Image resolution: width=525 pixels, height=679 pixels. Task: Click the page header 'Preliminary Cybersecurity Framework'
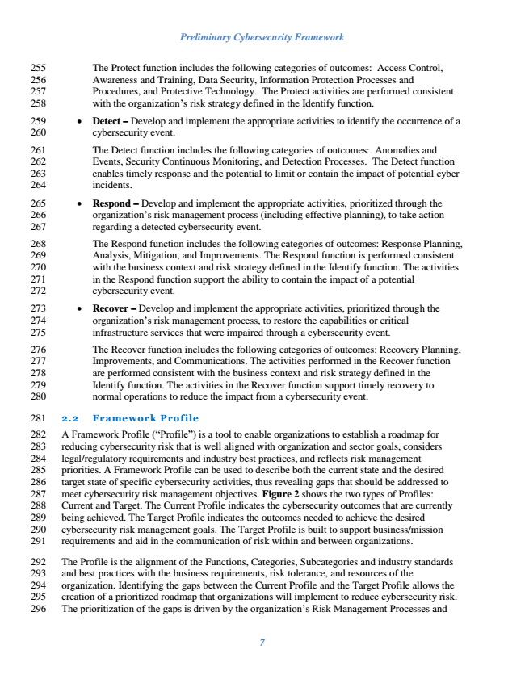click(262, 37)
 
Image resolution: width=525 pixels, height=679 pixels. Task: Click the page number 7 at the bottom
click(262, 643)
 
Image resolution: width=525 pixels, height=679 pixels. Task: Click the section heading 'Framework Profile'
click(145, 417)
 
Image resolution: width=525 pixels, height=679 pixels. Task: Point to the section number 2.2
click(70, 417)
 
